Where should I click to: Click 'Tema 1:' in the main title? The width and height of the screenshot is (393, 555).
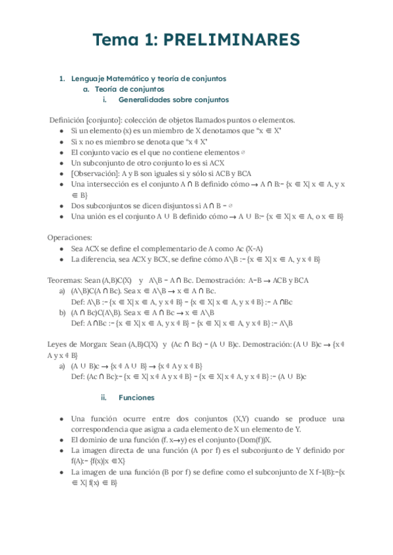[x=122, y=41]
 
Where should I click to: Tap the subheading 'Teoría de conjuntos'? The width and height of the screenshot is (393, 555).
[x=129, y=89]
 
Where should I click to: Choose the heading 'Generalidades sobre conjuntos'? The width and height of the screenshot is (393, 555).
[x=174, y=100]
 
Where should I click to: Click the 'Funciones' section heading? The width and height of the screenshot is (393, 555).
[x=136, y=397]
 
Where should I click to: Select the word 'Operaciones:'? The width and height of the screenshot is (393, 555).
[x=69, y=238]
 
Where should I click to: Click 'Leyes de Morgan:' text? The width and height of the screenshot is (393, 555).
[x=77, y=344]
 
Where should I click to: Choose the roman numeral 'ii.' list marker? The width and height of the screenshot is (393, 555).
[x=103, y=397]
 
